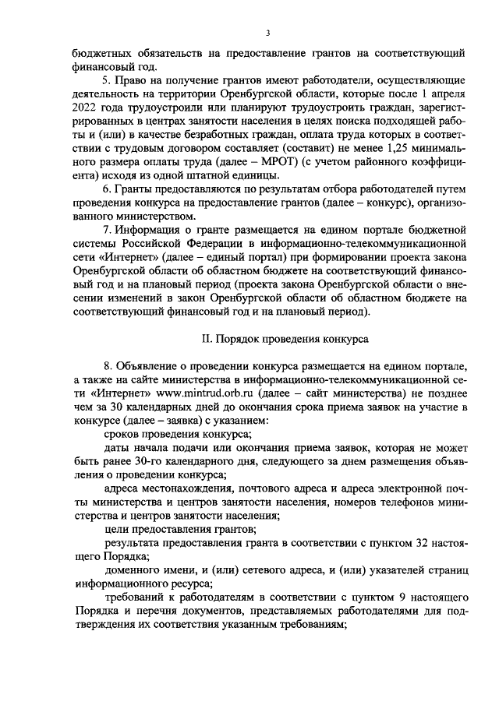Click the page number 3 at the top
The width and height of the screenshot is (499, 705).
click(267, 33)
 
